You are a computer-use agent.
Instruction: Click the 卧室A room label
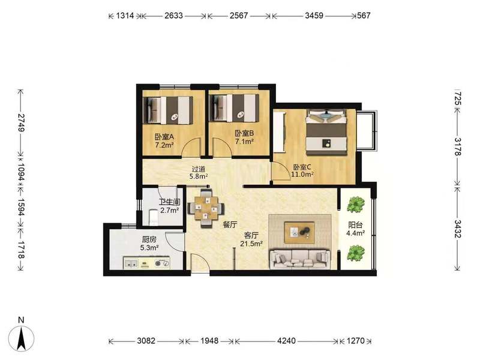[164, 137]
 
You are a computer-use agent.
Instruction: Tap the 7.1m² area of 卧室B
[244, 142]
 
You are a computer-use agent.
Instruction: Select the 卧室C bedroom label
[302, 167]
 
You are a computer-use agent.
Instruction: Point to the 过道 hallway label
[199, 169]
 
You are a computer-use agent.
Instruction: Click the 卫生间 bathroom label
[169, 202]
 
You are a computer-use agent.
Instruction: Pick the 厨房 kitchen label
[149, 239]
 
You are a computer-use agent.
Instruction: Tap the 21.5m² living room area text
[251, 244]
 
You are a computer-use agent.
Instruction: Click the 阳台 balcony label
[355, 225]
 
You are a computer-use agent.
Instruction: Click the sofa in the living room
[299, 260]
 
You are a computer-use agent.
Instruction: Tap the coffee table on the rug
[299, 233]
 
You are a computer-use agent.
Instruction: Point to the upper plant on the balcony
[356, 205]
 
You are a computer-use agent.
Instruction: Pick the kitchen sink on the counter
[131, 263]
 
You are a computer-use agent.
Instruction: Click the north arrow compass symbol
[21, 338]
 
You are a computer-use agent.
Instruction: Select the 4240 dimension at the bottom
[286, 341]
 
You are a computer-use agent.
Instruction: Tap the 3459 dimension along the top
[314, 16]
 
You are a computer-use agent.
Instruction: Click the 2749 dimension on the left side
[21, 123]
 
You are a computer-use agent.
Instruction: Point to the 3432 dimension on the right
[457, 229]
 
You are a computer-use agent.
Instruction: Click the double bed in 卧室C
[326, 132]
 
